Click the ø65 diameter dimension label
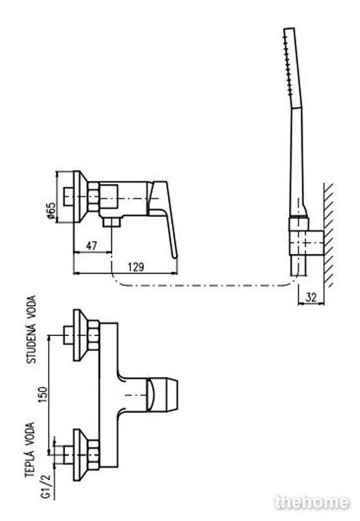(x=51, y=210)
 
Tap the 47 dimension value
(x=91, y=246)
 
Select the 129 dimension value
(x=136, y=267)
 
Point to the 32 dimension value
(x=311, y=298)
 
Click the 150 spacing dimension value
(x=43, y=395)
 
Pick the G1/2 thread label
(x=46, y=486)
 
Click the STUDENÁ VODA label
(x=31, y=330)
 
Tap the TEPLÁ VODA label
(x=29, y=449)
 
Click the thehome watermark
(x=312, y=502)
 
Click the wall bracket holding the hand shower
(x=306, y=242)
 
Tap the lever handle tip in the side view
(x=175, y=255)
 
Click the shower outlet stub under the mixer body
(x=111, y=222)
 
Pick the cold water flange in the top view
(x=81, y=335)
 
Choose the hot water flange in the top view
(x=81, y=455)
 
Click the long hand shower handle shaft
(x=297, y=163)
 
